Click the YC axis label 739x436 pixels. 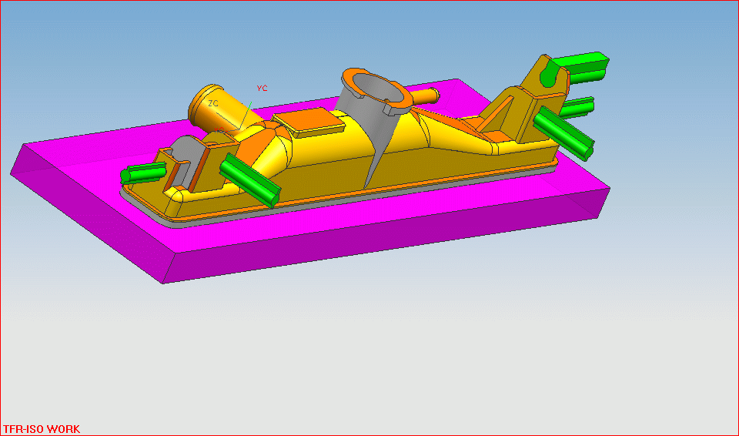262,89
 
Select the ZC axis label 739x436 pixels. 213,103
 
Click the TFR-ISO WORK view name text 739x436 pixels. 42,429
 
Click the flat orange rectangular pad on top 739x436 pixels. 309,121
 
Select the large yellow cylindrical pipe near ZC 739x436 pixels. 218,109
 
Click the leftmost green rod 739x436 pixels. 143,173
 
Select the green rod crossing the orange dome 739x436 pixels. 249,180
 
